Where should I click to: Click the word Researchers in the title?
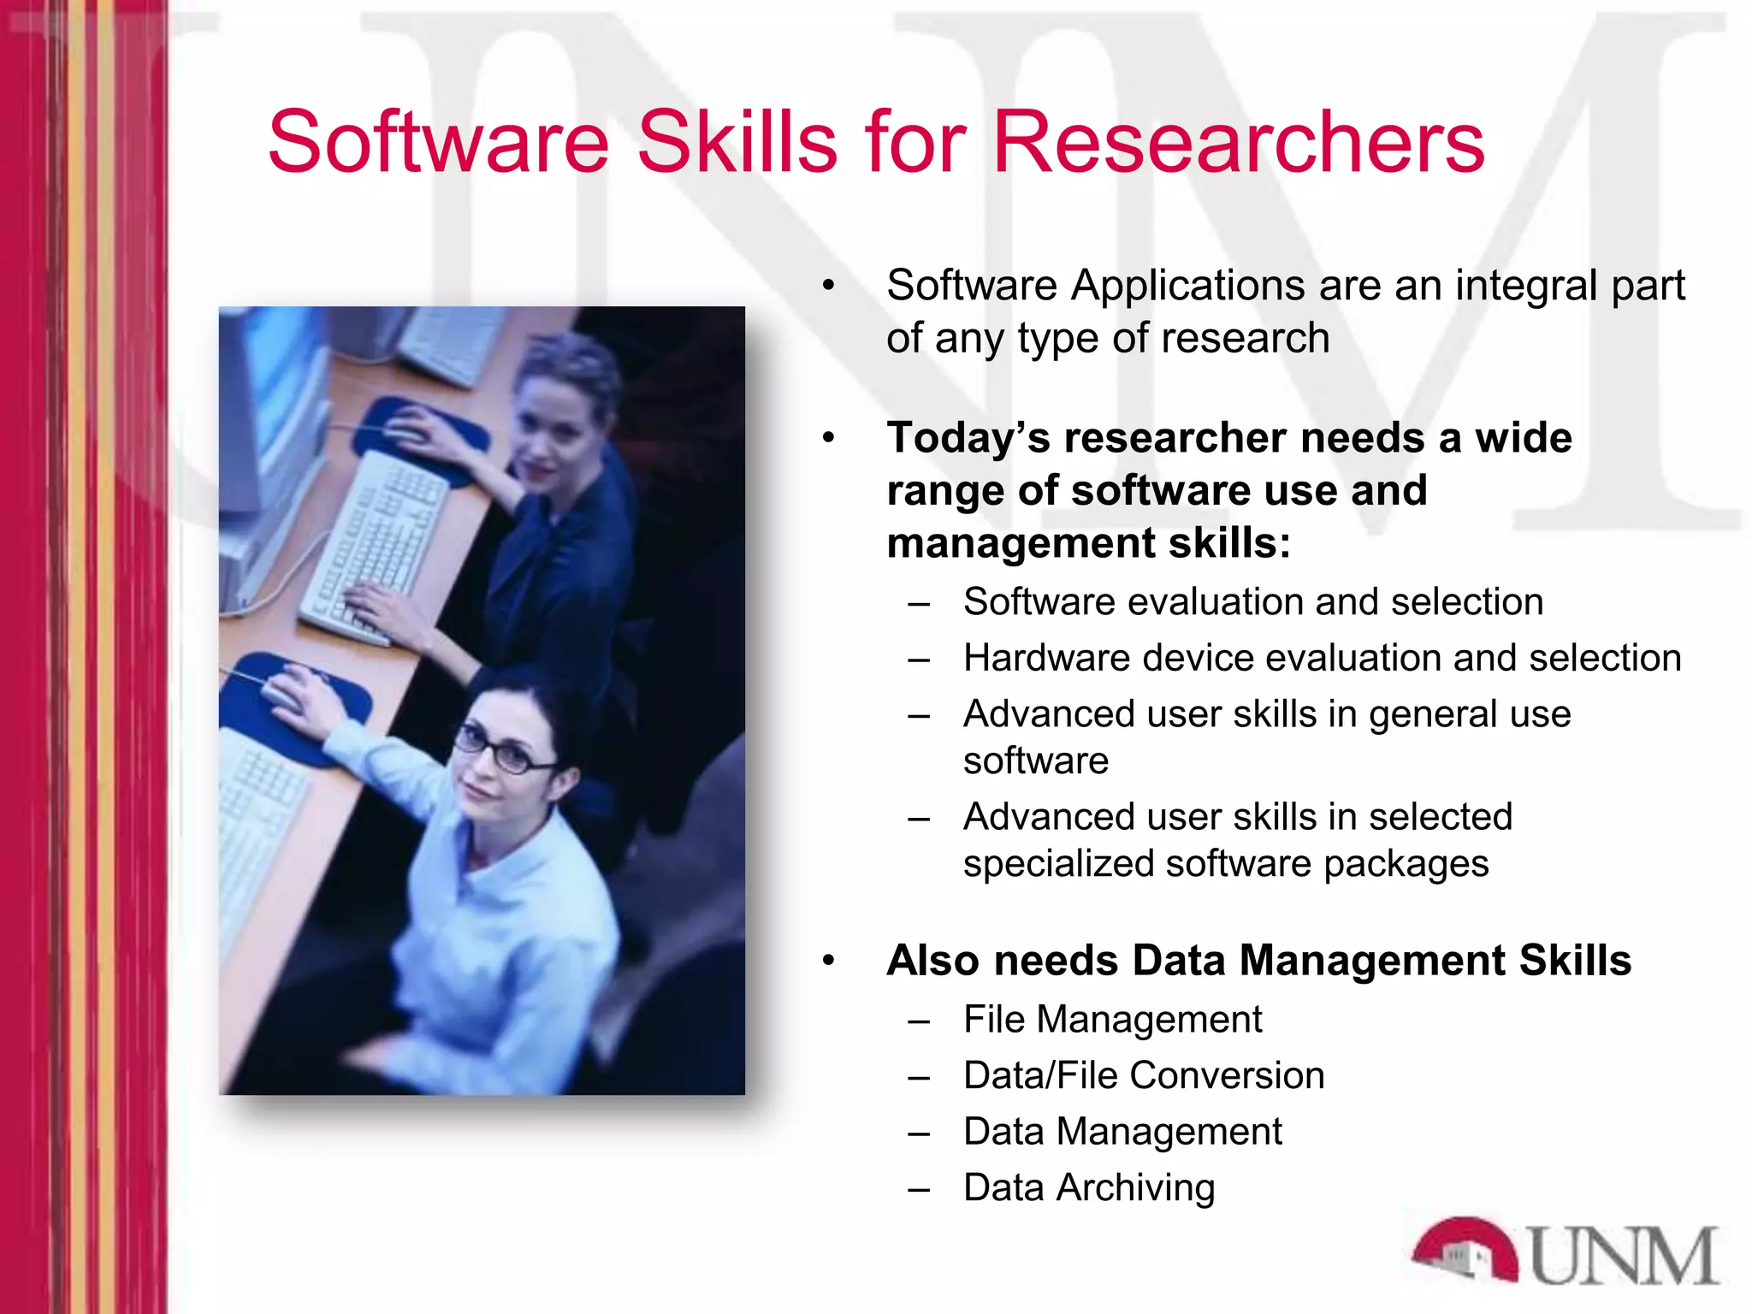coord(1238,142)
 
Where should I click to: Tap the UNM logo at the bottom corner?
coord(1566,1252)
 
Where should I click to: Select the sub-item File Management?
coord(1112,1019)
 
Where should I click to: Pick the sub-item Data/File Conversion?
coord(1144,1075)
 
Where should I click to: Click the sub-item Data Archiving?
coord(1089,1187)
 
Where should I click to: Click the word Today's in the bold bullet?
coord(968,438)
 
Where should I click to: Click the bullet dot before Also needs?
coord(828,961)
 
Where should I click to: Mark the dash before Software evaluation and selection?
coord(920,604)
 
